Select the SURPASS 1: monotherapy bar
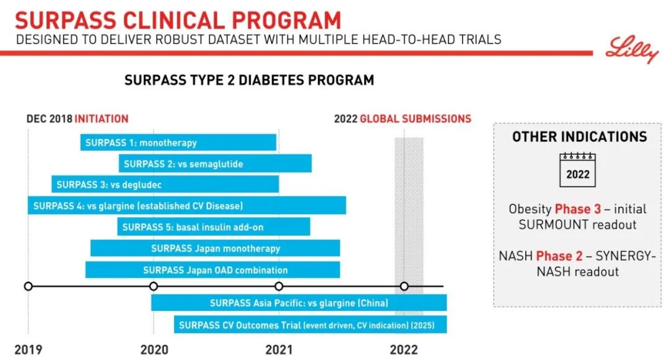point(178,143)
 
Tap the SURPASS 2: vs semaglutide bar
point(215,164)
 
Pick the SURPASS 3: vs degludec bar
point(165,184)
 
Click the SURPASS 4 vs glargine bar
point(187,206)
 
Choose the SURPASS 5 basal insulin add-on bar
point(214,227)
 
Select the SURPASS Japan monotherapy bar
point(215,248)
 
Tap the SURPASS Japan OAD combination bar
point(212,270)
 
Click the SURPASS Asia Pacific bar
point(299,303)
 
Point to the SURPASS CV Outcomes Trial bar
point(310,325)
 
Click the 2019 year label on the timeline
point(28,349)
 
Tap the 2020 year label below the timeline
point(154,349)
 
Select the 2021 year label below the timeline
point(279,349)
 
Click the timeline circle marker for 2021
point(279,286)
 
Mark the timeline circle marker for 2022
point(404,286)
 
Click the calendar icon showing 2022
point(578,170)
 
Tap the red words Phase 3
point(578,209)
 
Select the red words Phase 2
point(559,256)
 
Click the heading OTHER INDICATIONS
point(580,136)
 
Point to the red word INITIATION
point(102,118)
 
